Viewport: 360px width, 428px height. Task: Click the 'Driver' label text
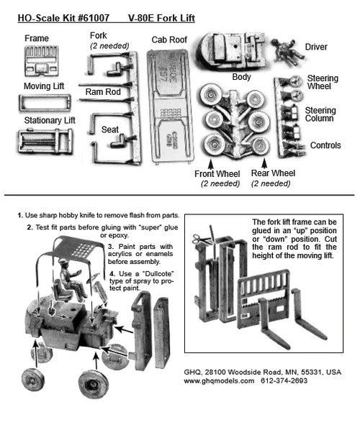point(315,47)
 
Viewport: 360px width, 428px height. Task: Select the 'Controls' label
point(325,145)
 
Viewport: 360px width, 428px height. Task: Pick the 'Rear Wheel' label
point(273,173)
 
